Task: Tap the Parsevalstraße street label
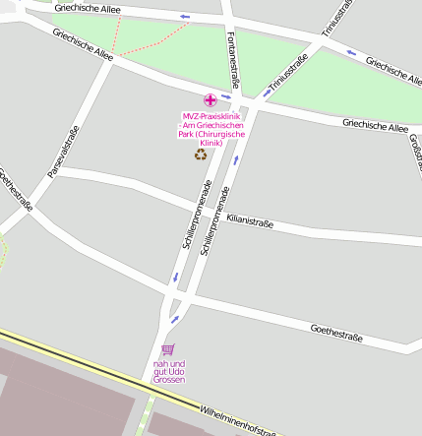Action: [61, 157]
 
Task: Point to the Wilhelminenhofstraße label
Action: [237, 420]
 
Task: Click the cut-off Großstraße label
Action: [414, 148]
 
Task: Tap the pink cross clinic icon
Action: [210, 99]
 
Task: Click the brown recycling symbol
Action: [201, 154]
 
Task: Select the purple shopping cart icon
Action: [167, 349]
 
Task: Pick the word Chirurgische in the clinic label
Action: [223, 134]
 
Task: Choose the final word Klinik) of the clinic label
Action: [211, 143]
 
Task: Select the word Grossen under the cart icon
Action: [168, 379]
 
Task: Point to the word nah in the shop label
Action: [160, 363]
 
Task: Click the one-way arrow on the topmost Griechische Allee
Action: [185, 17]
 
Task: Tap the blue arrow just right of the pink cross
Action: [227, 97]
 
